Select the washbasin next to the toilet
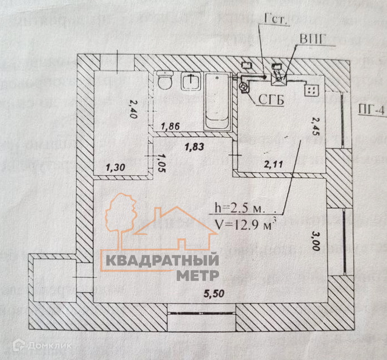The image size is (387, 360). pyautogui.click(x=192, y=82)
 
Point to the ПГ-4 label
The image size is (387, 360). pyautogui.click(x=372, y=110)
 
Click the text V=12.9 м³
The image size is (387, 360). pyautogui.click(x=251, y=225)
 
